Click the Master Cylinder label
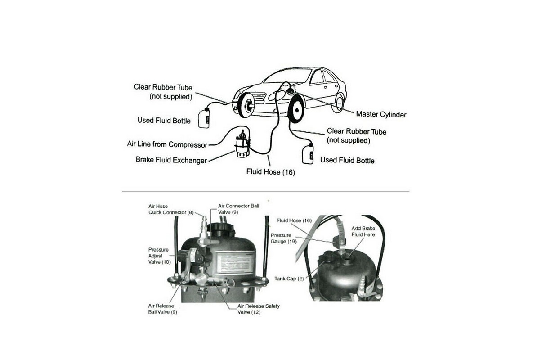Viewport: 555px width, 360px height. point(381,114)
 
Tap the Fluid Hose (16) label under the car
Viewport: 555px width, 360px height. point(270,171)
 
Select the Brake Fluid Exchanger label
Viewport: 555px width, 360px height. point(171,160)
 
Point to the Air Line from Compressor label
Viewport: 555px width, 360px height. point(167,144)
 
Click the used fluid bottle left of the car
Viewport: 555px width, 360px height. point(204,118)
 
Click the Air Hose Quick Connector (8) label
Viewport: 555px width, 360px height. point(165,209)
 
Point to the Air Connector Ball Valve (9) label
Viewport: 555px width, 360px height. point(238,208)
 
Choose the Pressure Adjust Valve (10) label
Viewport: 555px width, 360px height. point(158,256)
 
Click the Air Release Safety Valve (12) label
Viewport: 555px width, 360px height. point(258,309)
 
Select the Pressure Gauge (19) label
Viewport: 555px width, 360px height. point(281,238)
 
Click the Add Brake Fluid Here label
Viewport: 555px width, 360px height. point(363,231)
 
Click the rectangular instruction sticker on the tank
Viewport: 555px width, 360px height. point(233,263)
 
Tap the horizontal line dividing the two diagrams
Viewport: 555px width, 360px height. point(265,191)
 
